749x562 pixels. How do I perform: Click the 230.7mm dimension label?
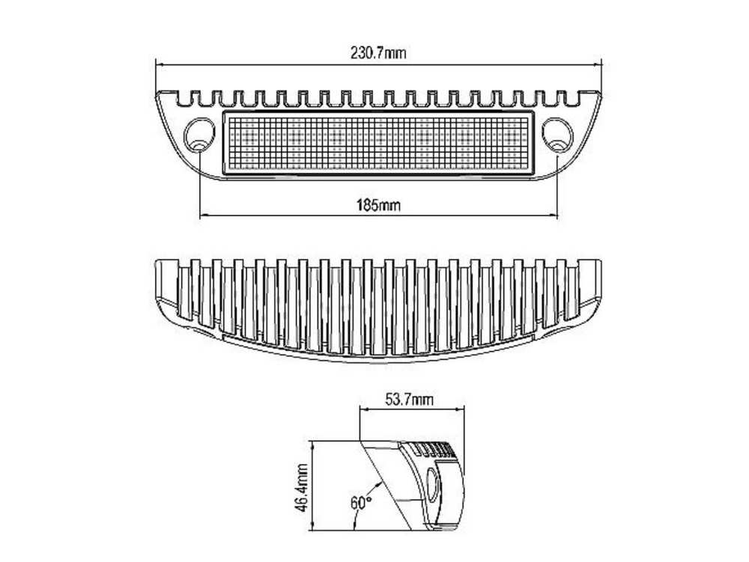378,52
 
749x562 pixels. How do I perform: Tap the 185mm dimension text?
379,205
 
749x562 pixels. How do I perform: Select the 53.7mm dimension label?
410,399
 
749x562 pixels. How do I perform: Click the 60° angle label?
361,503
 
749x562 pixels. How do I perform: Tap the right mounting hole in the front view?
557,135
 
